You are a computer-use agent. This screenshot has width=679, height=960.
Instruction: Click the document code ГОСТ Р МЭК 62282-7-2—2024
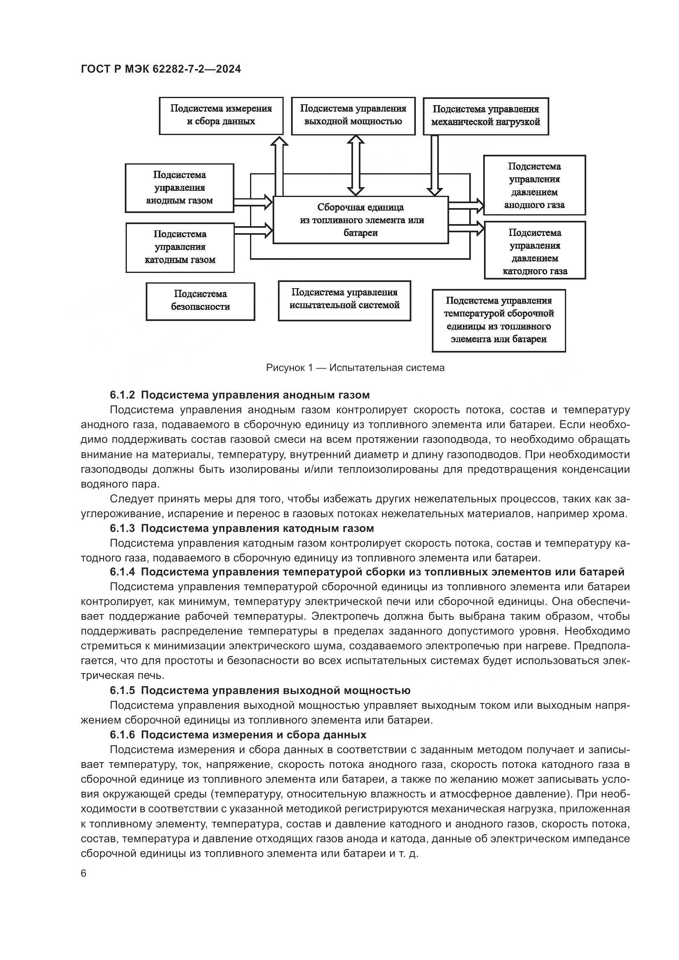(x=161, y=69)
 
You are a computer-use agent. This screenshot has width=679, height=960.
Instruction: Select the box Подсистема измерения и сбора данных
(x=221, y=116)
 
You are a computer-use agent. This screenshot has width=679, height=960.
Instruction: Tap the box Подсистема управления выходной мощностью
(x=353, y=116)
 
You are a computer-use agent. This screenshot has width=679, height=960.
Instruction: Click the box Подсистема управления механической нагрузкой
(x=485, y=116)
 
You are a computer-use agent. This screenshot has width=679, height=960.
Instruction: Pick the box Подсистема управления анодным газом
(x=179, y=188)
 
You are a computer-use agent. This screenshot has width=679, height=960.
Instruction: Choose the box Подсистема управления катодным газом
(x=180, y=247)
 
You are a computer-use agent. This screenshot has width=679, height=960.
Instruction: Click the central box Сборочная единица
(x=360, y=220)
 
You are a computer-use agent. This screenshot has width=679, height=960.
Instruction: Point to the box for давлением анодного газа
(x=534, y=185)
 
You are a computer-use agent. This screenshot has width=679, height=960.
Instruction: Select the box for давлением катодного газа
(x=535, y=250)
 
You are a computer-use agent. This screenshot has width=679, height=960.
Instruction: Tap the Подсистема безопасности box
(x=200, y=301)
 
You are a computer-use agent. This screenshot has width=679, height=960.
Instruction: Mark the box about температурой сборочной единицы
(x=498, y=320)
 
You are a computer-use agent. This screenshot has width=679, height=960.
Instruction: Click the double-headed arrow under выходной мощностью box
(x=356, y=165)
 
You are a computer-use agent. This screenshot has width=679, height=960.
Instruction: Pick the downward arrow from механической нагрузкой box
(x=435, y=165)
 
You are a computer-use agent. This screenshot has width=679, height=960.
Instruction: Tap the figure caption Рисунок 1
(x=355, y=368)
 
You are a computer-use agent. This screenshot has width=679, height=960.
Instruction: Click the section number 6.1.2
(x=122, y=395)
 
